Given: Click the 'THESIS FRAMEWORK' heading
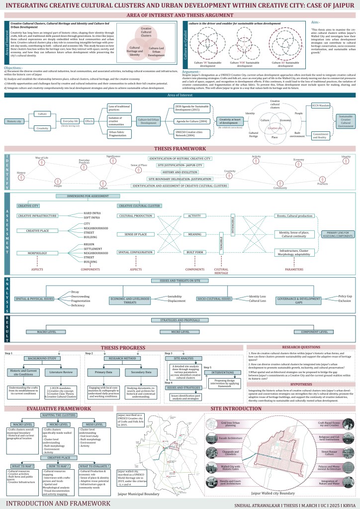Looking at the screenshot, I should tap(180, 149).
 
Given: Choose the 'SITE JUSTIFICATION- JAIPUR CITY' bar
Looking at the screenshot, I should tap(180, 164).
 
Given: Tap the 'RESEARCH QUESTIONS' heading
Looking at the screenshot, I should tap(302, 347).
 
